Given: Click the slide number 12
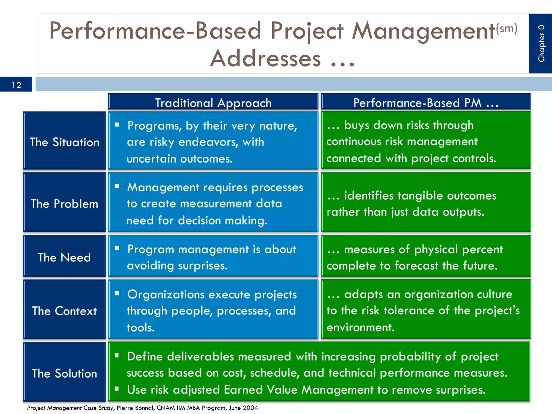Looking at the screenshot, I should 16,85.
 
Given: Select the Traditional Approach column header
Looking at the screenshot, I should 213,103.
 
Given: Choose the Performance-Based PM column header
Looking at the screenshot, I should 426,103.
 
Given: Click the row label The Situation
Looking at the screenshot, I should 64,142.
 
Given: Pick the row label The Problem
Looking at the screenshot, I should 64,203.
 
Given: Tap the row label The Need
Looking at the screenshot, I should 64,257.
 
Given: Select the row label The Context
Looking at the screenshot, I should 64,311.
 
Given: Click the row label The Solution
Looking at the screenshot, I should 64,373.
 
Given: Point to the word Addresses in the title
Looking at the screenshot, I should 265,58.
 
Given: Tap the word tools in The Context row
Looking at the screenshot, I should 140,328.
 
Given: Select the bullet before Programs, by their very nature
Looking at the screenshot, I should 117,125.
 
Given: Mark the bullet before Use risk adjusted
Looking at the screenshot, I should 117,389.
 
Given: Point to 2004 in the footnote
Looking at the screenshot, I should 250,408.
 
